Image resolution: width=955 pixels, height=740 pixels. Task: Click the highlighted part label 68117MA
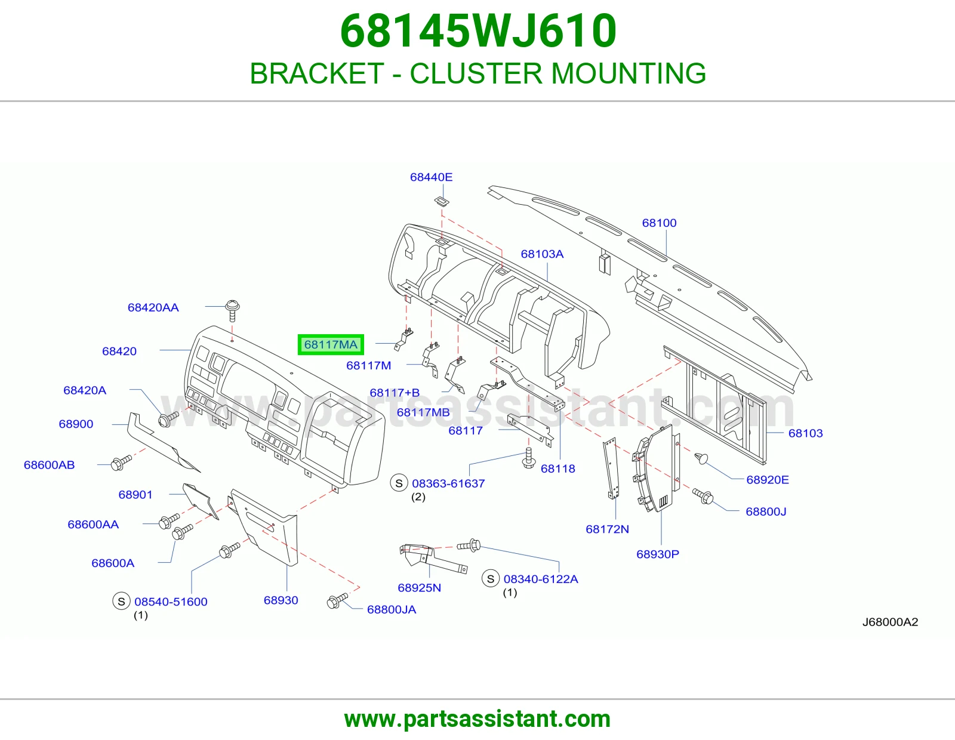coord(331,344)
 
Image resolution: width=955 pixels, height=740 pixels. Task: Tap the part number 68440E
coord(431,177)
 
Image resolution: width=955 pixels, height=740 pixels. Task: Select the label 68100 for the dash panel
coord(659,223)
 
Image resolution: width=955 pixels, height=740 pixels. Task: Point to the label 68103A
coord(542,254)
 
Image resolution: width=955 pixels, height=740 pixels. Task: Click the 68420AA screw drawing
coord(232,310)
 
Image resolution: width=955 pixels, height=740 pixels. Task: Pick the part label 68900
coord(76,424)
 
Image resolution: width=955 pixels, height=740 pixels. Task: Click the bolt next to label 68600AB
coord(121,462)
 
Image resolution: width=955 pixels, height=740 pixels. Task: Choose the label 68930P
coord(658,554)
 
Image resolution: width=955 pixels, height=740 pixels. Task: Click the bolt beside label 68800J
coord(703,496)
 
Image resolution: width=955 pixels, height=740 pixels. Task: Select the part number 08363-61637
coord(448,483)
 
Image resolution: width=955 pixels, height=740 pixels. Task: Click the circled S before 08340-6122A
coord(491,579)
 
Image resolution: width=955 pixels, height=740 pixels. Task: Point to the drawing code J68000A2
coord(890,622)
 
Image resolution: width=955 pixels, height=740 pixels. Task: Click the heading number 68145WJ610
coord(478,31)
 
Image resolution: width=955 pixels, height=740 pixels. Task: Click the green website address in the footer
coord(478,719)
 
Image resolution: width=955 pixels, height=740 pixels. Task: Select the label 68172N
coord(607,529)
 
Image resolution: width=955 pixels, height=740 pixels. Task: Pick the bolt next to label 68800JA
coord(337,601)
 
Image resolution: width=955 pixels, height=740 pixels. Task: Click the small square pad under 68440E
coord(442,202)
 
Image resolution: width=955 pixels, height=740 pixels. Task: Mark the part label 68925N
coord(419,588)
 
